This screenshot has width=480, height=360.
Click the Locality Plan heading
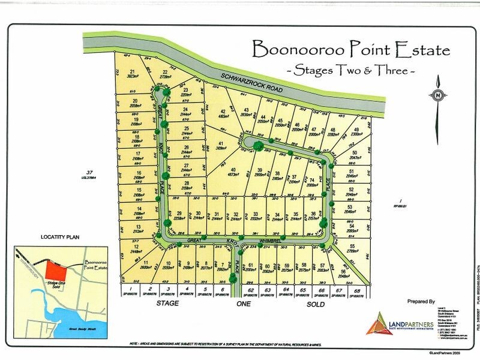[60, 238]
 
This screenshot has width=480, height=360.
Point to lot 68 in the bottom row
[357, 292]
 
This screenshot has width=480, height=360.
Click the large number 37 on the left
[91, 172]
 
